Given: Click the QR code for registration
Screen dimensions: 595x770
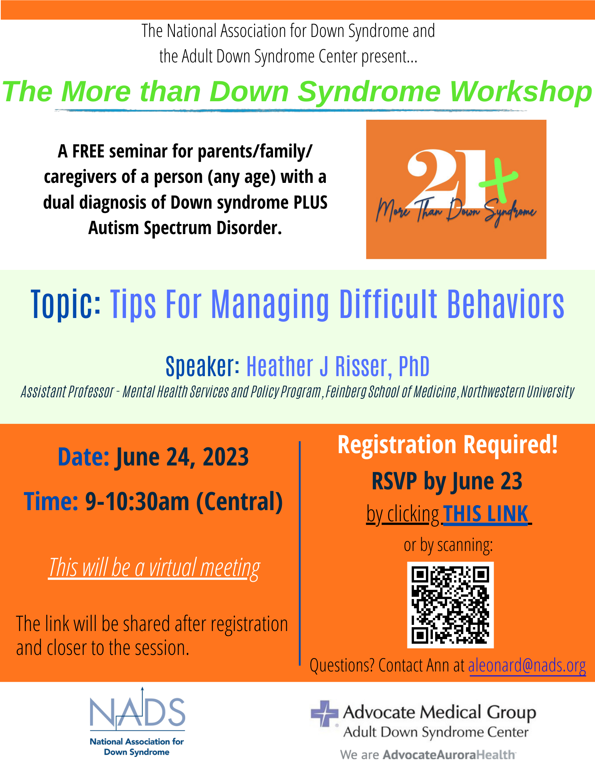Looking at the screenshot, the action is point(450,605).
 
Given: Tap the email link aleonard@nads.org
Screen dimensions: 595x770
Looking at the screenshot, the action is point(527,665).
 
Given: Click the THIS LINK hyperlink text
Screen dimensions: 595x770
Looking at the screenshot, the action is point(486,514).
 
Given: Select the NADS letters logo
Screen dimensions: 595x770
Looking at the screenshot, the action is point(137,711).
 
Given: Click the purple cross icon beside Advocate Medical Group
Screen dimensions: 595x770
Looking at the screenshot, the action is point(324,713).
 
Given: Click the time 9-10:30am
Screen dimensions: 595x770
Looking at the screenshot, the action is point(137,502).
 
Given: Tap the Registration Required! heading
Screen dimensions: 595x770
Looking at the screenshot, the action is point(448,445).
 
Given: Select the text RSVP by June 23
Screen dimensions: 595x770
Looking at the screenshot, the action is point(447,481).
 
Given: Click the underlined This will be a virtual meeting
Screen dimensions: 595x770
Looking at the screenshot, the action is point(154,568).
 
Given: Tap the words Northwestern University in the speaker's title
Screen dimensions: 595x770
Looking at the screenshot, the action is point(517,392).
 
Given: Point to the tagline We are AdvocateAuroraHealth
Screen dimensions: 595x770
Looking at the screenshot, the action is point(428,755).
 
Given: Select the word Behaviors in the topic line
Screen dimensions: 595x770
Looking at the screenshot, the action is point(506,305).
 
